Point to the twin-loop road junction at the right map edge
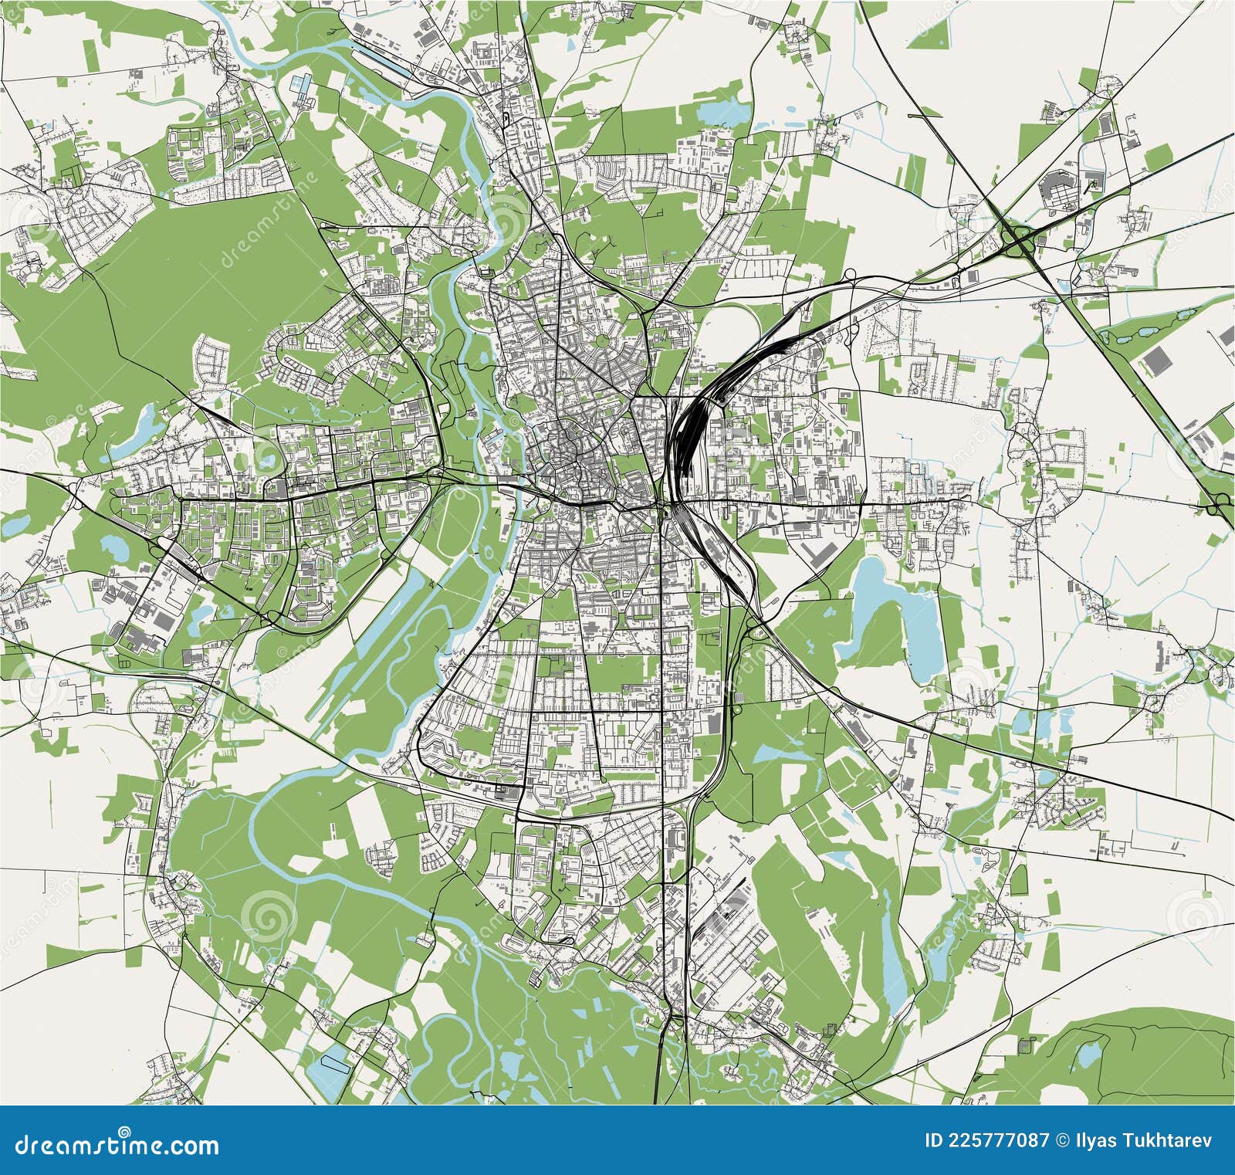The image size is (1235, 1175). pos(1220,506)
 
